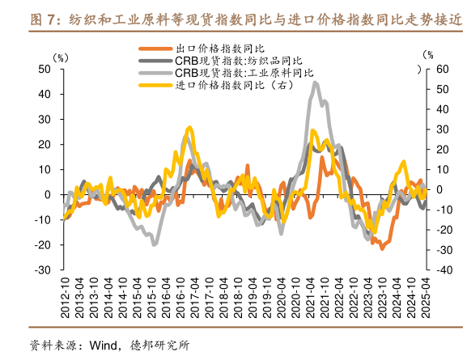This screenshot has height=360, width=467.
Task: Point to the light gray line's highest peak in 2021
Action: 316,83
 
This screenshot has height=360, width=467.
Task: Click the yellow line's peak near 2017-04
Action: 189,128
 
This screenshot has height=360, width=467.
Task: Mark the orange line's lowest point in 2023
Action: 382,248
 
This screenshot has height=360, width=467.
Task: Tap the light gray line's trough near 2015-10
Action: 155,244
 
